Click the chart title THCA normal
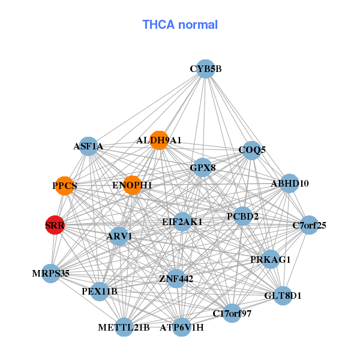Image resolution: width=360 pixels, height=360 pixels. [180, 25]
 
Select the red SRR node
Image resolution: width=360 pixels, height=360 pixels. [55, 226]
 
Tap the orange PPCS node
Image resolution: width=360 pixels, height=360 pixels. [64, 185]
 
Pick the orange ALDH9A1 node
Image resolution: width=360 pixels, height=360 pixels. [159, 140]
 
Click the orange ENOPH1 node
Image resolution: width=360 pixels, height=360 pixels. [132, 185]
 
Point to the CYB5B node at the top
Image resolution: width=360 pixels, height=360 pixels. [206, 68]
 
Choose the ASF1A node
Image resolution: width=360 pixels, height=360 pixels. [88, 146]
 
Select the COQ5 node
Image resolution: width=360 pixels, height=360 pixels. [252, 149]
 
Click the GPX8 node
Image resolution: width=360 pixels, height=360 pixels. [203, 167]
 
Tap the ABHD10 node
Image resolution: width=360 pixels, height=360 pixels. [289, 183]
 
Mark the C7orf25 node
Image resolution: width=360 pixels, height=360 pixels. [309, 226]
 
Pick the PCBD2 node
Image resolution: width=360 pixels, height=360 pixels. [242, 216]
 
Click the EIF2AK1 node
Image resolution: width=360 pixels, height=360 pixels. [182, 221]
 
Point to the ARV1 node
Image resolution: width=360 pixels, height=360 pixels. [119, 236]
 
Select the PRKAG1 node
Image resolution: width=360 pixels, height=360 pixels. [271, 259]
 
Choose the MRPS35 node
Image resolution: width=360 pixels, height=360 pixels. [51, 273]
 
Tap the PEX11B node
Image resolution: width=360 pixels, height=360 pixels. [100, 292]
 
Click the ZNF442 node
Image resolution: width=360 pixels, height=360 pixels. [176, 278]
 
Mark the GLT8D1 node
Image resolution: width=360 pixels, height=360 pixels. [283, 295]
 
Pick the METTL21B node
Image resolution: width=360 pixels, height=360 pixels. [124, 327]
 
